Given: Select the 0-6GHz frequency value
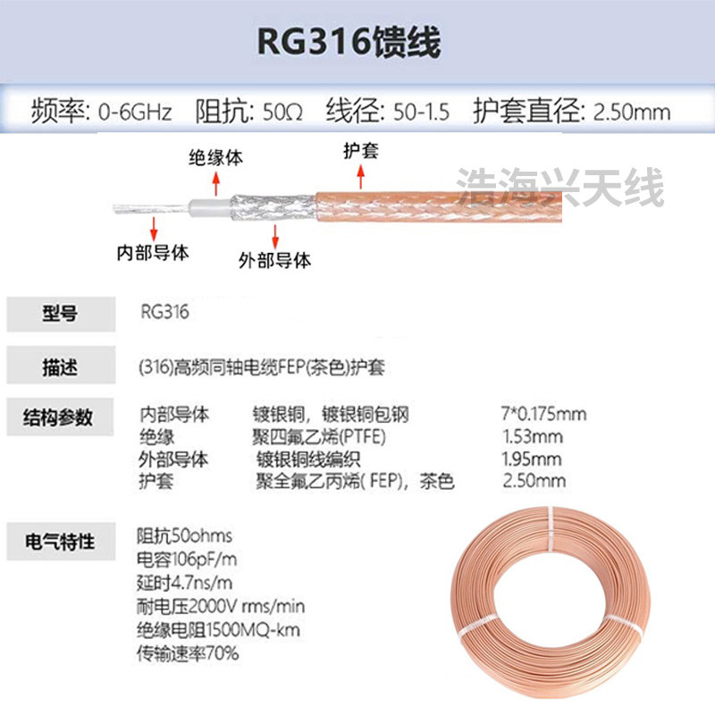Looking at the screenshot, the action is [x=133, y=113].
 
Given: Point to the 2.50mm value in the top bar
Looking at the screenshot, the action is [x=626, y=113].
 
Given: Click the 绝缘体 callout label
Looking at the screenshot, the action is [x=215, y=157].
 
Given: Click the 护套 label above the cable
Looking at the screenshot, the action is [x=361, y=150].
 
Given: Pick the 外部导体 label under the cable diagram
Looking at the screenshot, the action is [x=275, y=261].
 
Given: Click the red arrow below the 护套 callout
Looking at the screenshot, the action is [x=361, y=180].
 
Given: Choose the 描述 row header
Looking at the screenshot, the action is [x=60, y=366].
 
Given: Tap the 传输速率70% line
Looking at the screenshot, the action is [x=188, y=653].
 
